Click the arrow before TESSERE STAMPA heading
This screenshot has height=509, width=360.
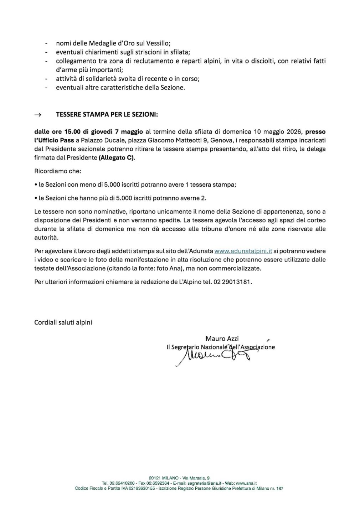pyautogui.click(x=37, y=115)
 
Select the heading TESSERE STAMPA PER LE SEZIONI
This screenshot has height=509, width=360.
pyautogui.click(x=107, y=115)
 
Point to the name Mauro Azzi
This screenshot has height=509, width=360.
pyautogui.click(x=222, y=338)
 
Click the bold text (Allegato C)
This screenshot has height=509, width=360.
pyautogui.click(x=117, y=157)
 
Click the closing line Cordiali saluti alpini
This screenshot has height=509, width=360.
pyautogui.click(x=63, y=322)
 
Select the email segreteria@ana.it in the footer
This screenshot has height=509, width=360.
pyautogui.click(x=194, y=483)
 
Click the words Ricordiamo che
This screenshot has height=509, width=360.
pyautogui.click(x=58, y=171)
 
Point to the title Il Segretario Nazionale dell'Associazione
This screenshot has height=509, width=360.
pyautogui.click(x=221, y=347)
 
